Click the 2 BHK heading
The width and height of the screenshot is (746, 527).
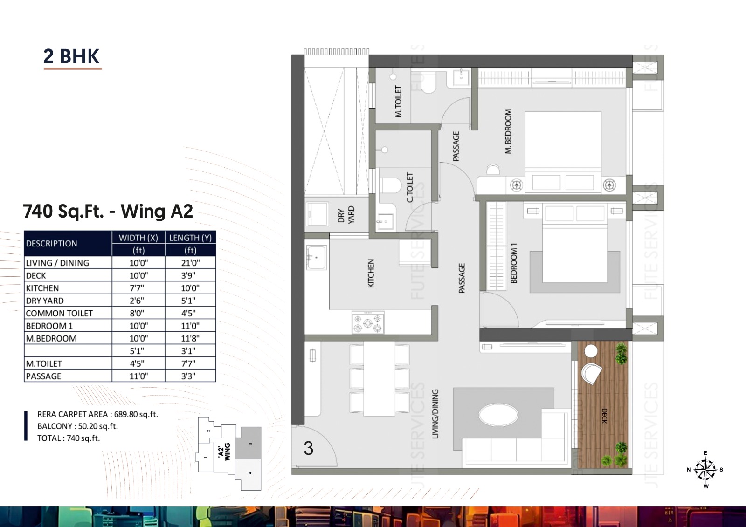[x=72, y=56]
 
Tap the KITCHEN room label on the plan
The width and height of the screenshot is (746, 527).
[x=371, y=274]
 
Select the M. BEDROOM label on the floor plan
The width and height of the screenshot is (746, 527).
[x=508, y=131]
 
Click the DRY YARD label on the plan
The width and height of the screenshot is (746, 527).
[x=346, y=215]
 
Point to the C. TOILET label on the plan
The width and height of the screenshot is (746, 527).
[x=410, y=187]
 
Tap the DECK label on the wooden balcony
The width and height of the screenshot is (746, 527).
[x=604, y=416]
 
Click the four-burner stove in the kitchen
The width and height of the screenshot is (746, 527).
[x=368, y=322]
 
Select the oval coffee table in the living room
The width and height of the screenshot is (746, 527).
[x=498, y=415]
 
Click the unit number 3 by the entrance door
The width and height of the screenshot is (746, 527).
[x=308, y=448]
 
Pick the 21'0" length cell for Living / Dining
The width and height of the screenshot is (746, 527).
[x=191, y=263]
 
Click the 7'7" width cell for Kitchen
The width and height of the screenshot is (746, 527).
[x=138, y=288]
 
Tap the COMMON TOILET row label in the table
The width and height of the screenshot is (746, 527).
[x=59, y=313]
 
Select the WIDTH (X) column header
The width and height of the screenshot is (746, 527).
[x=138, y=238]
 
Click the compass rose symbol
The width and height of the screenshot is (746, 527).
[x=705, y=469]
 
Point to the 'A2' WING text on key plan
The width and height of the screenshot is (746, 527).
[x=224, y=452]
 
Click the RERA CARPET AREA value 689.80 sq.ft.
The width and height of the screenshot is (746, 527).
[x=136, y=414]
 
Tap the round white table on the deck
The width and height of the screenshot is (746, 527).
[x=591, y=351]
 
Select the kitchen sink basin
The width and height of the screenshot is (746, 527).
[x=316, y=257]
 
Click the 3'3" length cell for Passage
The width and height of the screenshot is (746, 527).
[x=191, y=376]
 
